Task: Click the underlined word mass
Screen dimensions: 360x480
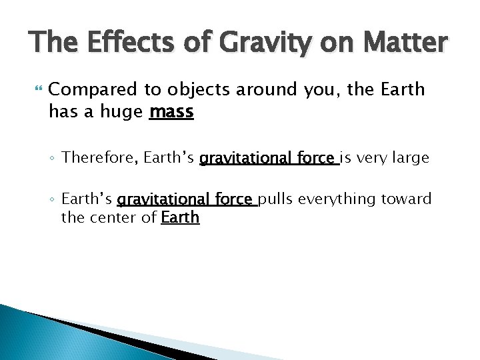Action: [x=171, y=112]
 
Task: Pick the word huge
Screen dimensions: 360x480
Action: [x=121, y=112]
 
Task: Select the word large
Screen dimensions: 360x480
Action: [x=411, y=158]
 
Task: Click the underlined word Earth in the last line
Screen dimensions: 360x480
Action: [x=180, y=217]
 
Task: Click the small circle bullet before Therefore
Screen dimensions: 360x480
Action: [x=53, y=159]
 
